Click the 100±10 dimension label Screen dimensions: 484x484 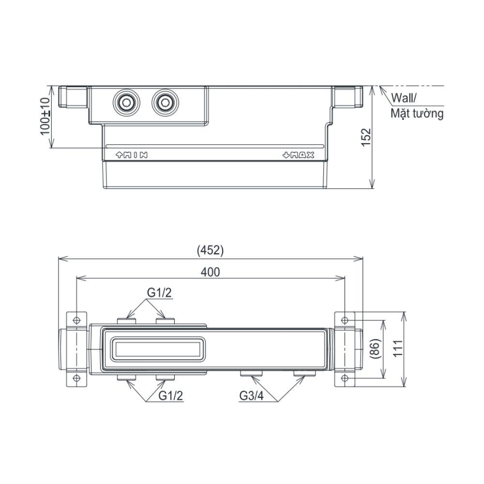[45, 116]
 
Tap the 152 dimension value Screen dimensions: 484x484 [365, 137]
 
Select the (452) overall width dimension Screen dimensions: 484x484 [210, 250]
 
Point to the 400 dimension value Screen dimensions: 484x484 [211, 272]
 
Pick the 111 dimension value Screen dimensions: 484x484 [398, 348]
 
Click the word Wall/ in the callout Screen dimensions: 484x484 [404, 98]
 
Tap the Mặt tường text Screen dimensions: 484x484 [417, 114]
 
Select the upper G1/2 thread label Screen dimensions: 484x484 [159, 292]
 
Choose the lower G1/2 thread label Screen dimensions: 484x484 [171, 395]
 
